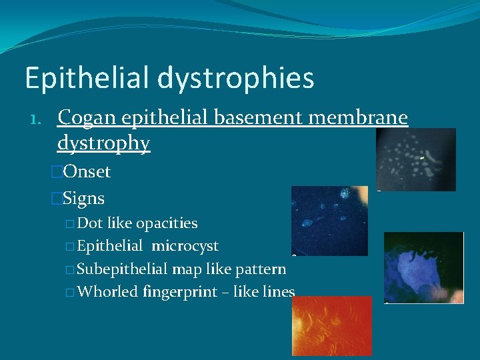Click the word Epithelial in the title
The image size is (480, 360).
point(87,78)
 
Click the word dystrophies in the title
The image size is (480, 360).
point(236,78)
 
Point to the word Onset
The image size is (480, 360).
point(86,172)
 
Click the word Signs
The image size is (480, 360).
point(83,199)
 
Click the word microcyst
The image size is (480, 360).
point(185,246)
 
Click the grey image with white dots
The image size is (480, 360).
point(416,159)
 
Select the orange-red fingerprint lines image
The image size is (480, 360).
point(332,325)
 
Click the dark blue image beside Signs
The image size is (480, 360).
point(329,220)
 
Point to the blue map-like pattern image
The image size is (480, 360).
point(423,267)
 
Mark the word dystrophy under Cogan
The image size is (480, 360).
point(103,143)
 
